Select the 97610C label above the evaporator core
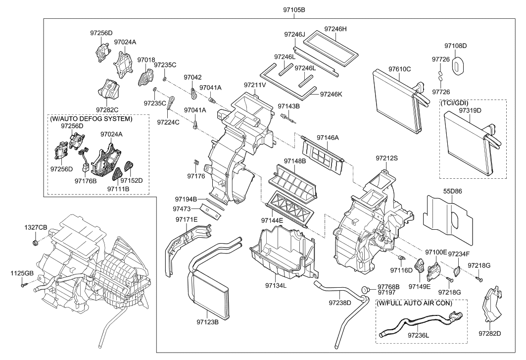click(x=399, y=69)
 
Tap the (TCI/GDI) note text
click(x=454, y=103)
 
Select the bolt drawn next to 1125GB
click(x=23, y=285)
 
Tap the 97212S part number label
click(x=387, y=158)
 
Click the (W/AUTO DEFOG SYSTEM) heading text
click(x=91, y=119)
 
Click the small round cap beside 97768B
click(x=365, y=289)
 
